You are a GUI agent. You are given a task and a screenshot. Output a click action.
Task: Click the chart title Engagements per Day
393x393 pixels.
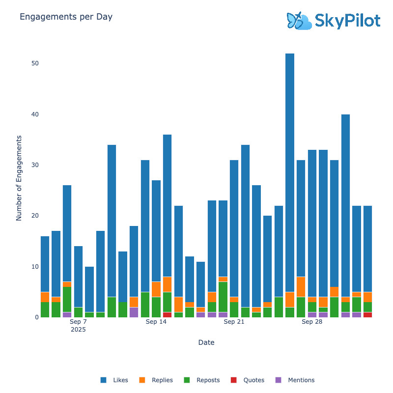click(x=66, y=17)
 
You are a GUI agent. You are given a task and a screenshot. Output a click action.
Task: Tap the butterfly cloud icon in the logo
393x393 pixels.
click(x=299, y=21)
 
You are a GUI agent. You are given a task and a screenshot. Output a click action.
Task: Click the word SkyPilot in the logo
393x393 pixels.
click(x=347, y=21)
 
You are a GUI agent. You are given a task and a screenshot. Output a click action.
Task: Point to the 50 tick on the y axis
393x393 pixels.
click(x=35, y=63)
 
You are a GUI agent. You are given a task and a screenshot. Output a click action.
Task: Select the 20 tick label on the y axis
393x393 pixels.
click(x=35, y=216)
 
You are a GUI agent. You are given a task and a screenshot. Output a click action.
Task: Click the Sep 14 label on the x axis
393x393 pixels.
click(x=156, y=322)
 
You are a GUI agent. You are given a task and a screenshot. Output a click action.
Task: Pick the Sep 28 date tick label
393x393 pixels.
click(x=312, y=322)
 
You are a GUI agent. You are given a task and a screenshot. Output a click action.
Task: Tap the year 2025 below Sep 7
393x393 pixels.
click(x=78, y=330)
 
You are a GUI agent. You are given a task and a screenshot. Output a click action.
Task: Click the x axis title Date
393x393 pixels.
click(x=206, y=342)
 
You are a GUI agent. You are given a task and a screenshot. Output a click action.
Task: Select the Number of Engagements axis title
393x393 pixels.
click(x=19, y=178)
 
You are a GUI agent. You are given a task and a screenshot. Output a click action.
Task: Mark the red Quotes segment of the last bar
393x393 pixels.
click(x=367, y=314)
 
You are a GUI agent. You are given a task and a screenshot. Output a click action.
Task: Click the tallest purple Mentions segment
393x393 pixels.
click(x=134, y=312)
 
